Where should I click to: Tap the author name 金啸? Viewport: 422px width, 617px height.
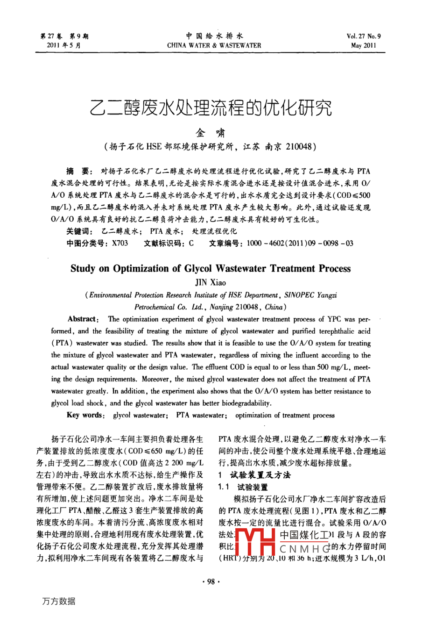click(x=211, y=132)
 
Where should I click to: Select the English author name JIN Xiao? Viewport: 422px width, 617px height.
click(x=211, y=282)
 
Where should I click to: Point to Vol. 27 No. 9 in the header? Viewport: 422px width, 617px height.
click(x=364, y=36)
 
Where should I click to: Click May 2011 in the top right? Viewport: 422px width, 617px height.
click(x=363, y=46)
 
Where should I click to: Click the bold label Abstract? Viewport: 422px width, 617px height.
click(x=82, y=319)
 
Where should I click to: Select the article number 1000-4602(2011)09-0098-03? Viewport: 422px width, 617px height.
click(x=300, y=243)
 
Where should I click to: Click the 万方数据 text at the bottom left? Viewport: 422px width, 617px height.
click(x=59, y=601)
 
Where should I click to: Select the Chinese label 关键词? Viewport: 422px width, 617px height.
click(x=80, y=231)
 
